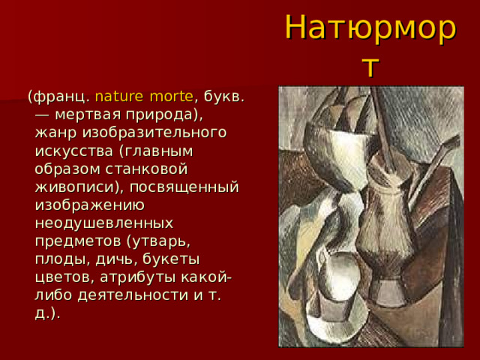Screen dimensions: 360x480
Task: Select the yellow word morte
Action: click(x=171, y=97)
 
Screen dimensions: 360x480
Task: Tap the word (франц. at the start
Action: click(x=59, y=97)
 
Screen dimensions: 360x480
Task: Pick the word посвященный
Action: click(x=190, y=187)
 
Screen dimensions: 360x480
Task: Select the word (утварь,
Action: click(x=157, y=241)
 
